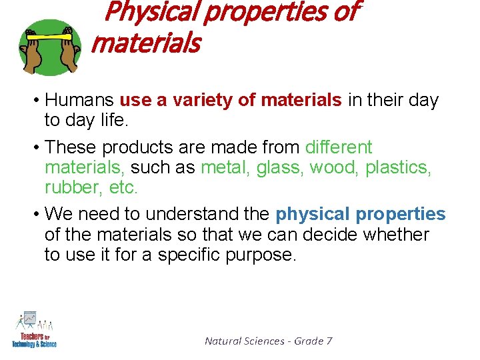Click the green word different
point(338,147)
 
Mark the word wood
point(335,167)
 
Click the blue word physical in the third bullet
point(312,215)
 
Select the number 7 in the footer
point(329,341)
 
